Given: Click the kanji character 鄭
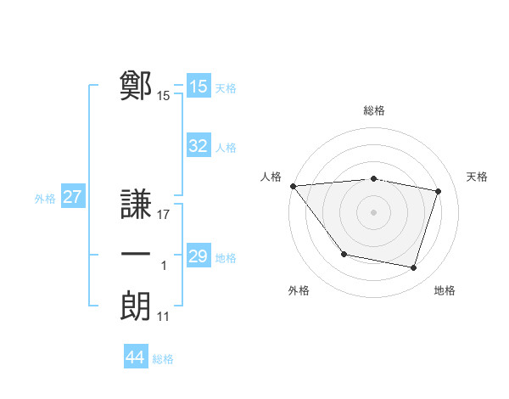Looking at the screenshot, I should pos(137,86).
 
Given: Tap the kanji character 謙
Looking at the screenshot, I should pos(137,205).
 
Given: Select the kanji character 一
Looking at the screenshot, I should pos(137,256).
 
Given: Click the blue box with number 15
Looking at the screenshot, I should pos(199,87).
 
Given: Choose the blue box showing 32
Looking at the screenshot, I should pos(199,146).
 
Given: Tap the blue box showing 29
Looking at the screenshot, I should pos(199,256).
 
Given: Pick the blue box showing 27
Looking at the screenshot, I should pos(73,197).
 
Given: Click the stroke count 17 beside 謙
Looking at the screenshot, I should pos(164,215).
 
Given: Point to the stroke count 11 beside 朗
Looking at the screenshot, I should pos(164,317).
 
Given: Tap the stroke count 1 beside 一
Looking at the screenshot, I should pos(164,266).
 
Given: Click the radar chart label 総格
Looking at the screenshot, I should pos(373,110).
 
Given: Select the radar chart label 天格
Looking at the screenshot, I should pos(477,177).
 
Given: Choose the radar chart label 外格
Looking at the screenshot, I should pos(299,290).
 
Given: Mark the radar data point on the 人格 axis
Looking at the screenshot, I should pos(293,186).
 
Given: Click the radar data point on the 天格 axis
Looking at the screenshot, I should pos(438,191).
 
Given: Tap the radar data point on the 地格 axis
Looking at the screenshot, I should pos(413,267).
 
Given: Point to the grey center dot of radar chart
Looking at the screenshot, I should pos(373,212).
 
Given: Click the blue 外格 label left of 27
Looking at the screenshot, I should pos(45,199).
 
